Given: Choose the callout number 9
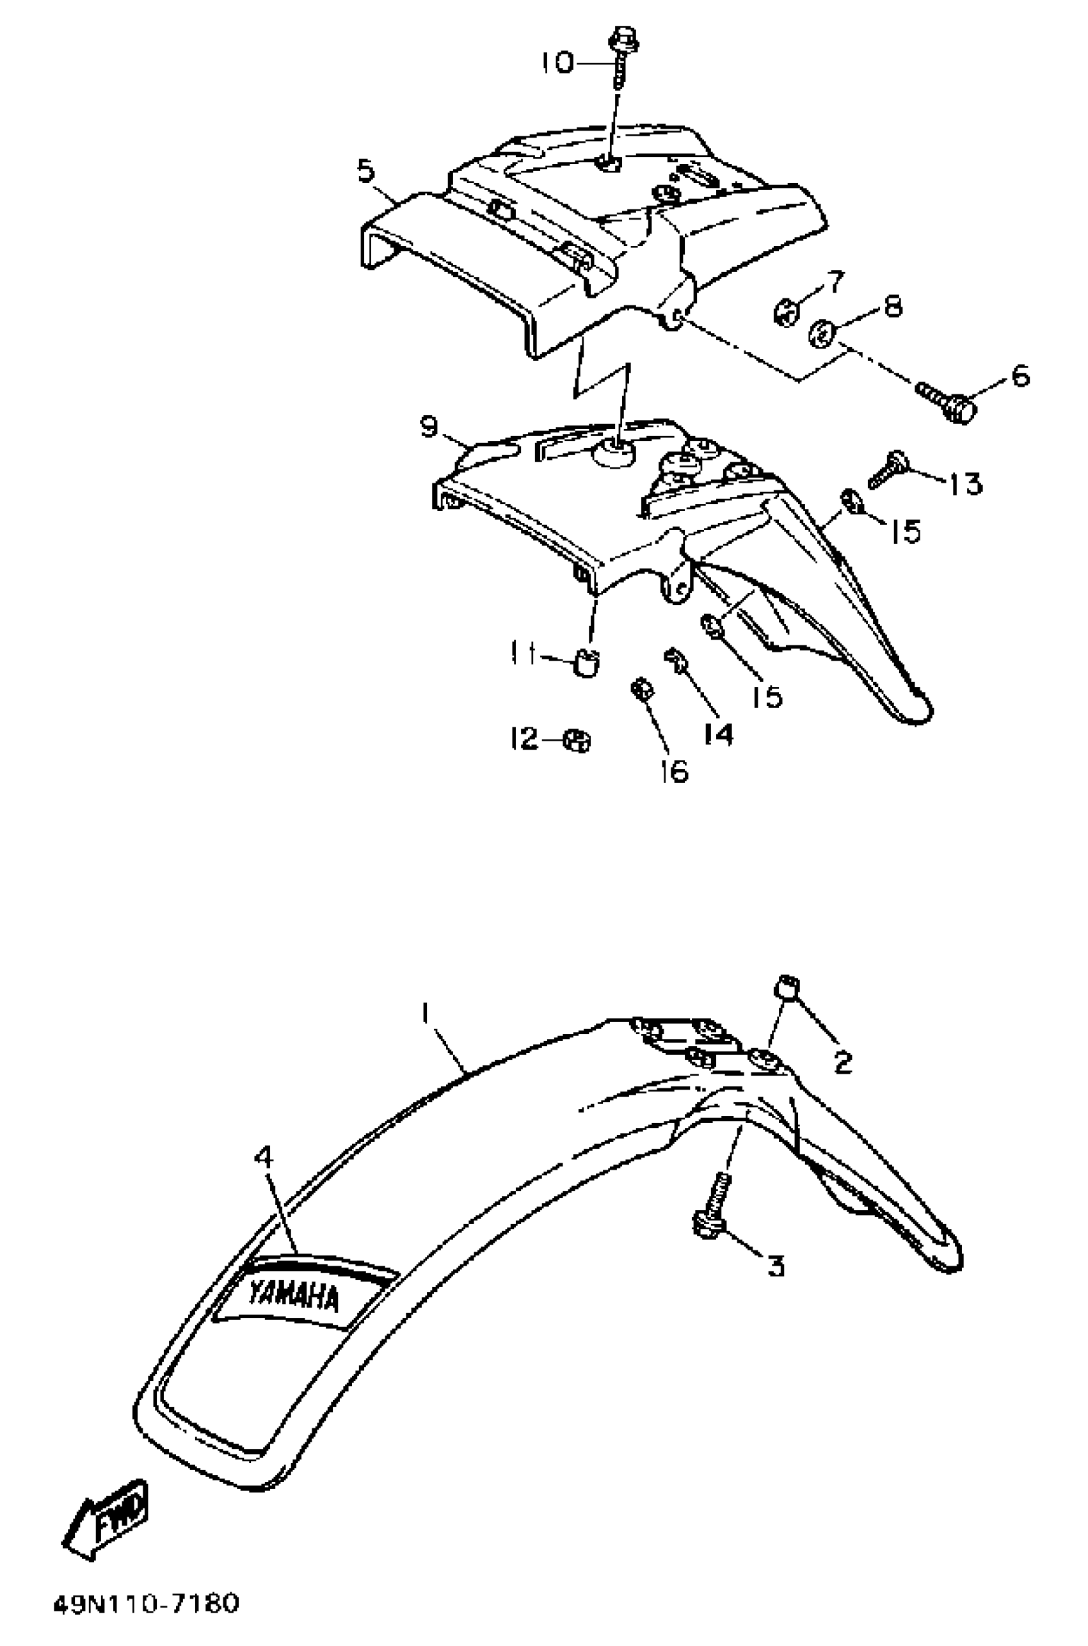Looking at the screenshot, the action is (x=429, y=426).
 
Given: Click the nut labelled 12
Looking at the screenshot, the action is (x=577, y=741).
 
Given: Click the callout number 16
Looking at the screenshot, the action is (x=675, y=771).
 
